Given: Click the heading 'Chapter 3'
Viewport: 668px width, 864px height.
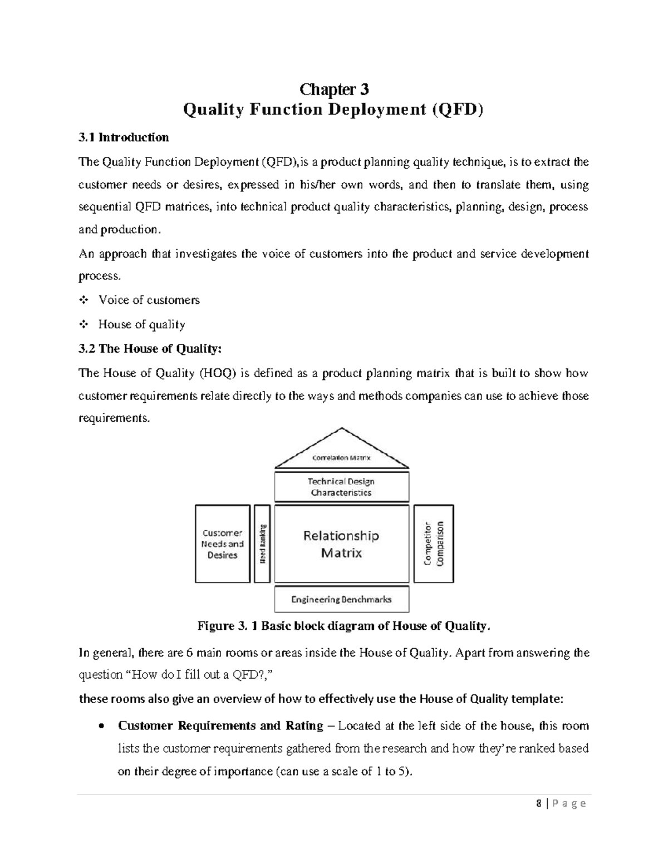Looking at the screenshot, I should [x=334, y=89].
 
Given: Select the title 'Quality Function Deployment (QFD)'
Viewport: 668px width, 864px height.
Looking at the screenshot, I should [x=334, y=110].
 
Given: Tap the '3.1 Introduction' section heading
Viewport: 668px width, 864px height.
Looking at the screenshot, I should [x=124, y=137].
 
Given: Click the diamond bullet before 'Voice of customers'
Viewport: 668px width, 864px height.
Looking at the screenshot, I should [x=83, y=300].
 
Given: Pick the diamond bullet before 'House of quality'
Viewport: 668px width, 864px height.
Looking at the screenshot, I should [x=83, y=324].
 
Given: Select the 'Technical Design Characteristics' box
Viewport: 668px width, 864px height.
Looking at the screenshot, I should [x=341, y=487].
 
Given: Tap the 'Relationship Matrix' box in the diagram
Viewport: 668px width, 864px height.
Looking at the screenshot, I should [x=341, y=544].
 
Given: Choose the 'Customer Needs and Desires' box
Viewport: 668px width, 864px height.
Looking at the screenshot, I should [x=223, y=544].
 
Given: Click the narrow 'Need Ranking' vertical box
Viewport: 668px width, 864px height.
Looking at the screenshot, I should [x=262, y=544].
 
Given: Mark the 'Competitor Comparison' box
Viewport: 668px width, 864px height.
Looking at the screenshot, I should [x=434, y=544].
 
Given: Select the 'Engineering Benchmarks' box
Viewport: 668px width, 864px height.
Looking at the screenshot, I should [x=341, y=599].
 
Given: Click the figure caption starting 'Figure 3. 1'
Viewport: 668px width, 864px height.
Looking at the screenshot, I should [x=345, y=626].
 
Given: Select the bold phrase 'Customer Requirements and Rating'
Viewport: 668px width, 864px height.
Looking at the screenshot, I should [x=220, y=726].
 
